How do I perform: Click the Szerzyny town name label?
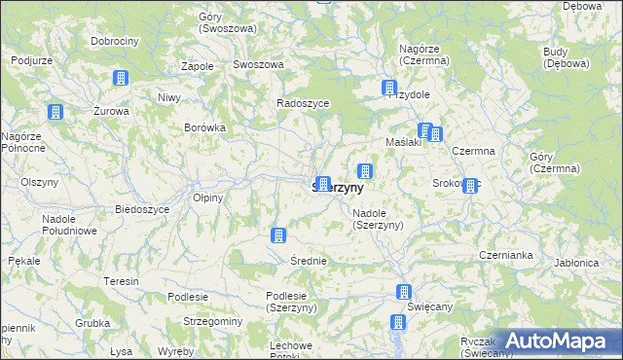tap(338, 187)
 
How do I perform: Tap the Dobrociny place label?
tap(115, 42)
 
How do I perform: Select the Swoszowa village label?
tap(258, 64)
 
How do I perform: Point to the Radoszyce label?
tap(303, 103)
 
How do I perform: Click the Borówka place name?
tap(205, 127)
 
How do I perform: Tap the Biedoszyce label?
tap(143, 210)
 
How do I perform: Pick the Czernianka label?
tap(505, 255)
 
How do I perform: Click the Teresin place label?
tap(122, 281)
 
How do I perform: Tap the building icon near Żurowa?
tap(55, 113)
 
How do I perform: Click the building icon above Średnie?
tap(277, 235)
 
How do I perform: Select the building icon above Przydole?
tap(389, 88)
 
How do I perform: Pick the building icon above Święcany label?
tap(403, 292)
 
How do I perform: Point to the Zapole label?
tap(198, 66)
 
